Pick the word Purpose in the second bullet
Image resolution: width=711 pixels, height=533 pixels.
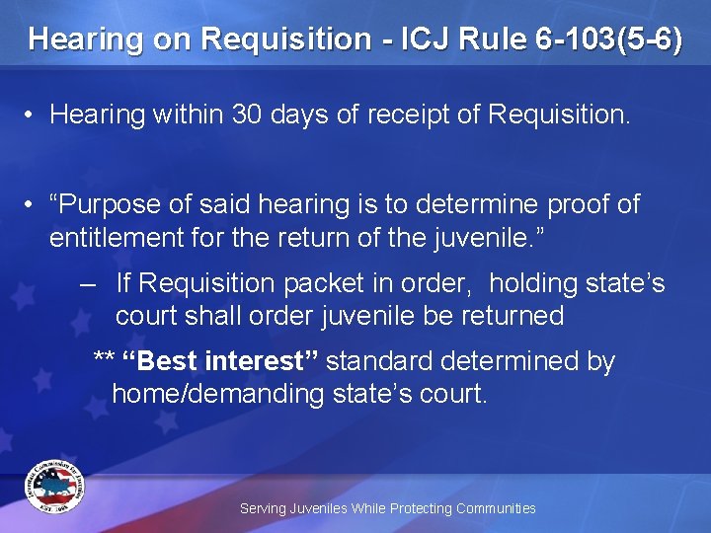click(109, 204)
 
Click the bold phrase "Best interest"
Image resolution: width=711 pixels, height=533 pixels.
click(219, 361)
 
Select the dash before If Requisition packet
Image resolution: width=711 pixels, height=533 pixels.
click(88, 284)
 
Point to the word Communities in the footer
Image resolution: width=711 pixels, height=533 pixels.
click(495, 508)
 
